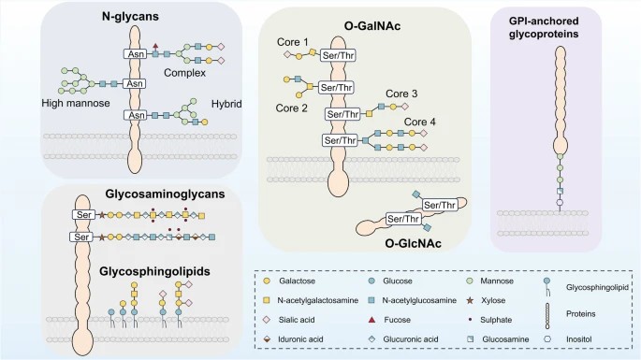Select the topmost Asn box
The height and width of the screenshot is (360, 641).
click(x=133, y=55)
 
